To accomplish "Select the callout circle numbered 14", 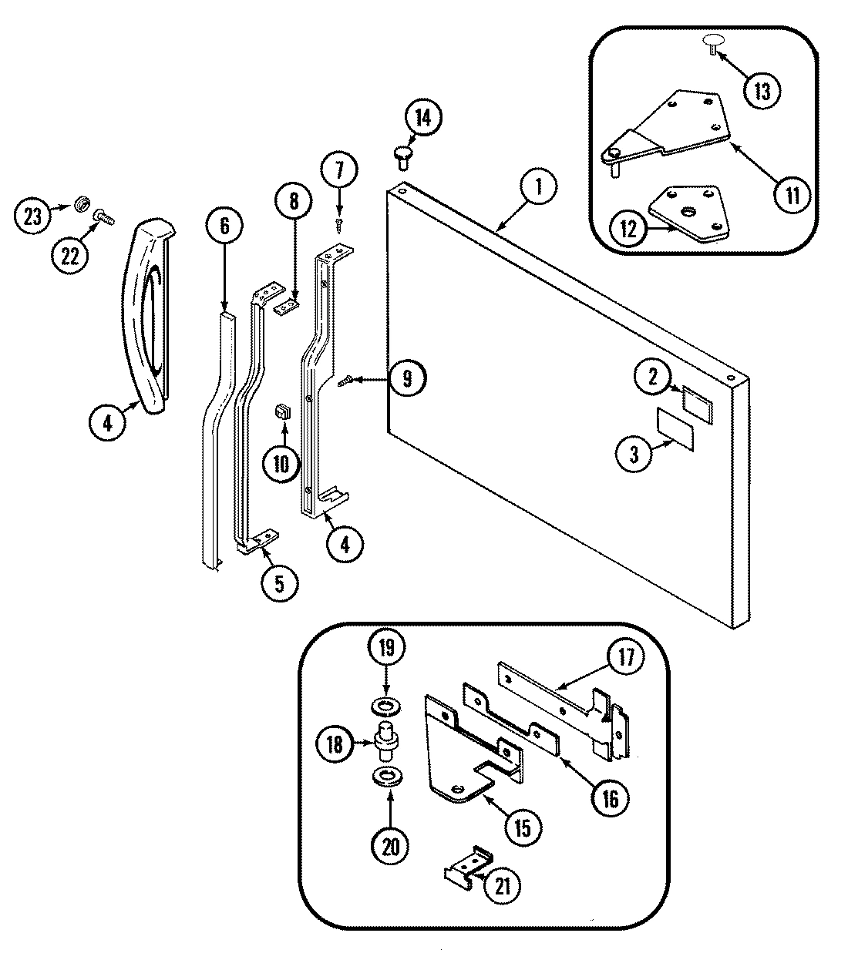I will pos(423,119).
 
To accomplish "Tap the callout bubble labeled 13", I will pos(761,91).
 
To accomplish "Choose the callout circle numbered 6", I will pos(224,226).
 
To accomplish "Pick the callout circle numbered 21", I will pos(502,886).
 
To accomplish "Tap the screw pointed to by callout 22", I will pos(103,219).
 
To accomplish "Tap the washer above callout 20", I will pos(387,776).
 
